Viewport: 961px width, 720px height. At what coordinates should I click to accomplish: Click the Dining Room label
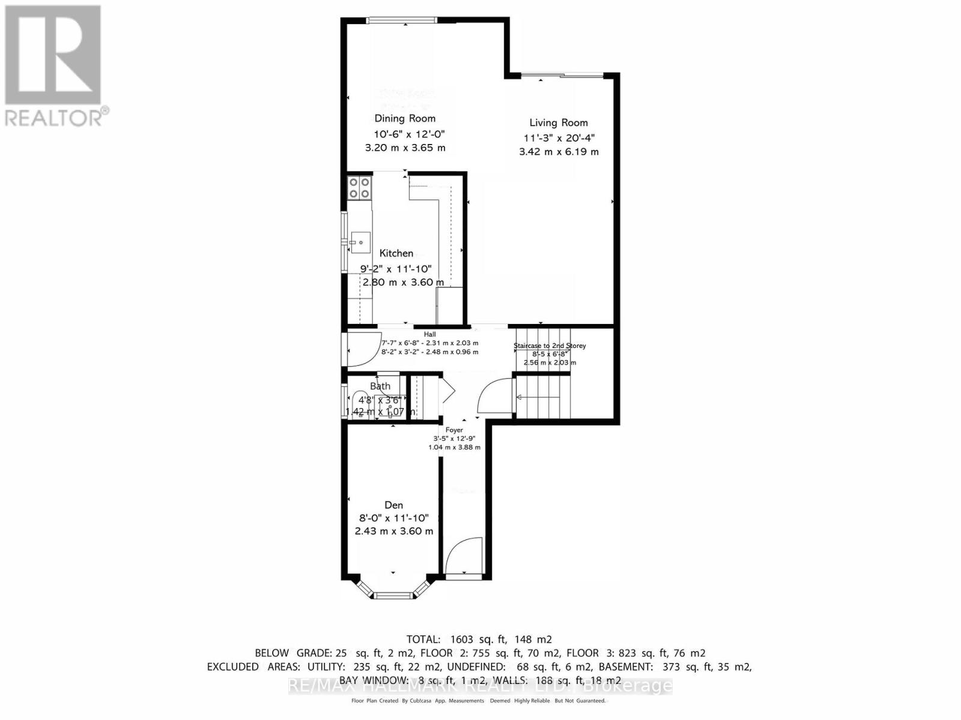pyautogui.click(x=405, y=119)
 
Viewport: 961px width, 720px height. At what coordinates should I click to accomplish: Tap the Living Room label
pyautogui.click(x=559, y=123)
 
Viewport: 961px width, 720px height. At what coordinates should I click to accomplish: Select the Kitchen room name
pyautogui.click(x=396, y=253)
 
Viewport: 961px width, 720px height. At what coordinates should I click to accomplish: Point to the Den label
pyautogui.click(x=394, y=505)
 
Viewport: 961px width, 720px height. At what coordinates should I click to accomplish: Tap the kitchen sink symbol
pyautogui.click(x=360, y=242)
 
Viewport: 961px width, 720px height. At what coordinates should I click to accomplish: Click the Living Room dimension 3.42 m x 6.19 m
pyautogui.click(x=559, y=152)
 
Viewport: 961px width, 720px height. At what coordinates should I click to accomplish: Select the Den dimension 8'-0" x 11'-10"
pyautogui.click(x=394, y=518)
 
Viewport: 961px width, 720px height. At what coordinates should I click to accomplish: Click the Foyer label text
pyautogui.click(x=454, y=430)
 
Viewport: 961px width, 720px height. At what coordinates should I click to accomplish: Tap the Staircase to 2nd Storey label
pyautogui.click(x=550, y=346)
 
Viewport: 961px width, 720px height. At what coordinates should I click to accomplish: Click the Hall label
pyautogui.click(x=429, y=334)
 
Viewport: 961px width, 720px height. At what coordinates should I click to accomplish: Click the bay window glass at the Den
pyautogui.click(x=393, y=595)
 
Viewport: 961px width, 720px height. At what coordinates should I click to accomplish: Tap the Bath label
pyautogui.click(x=380, y=386)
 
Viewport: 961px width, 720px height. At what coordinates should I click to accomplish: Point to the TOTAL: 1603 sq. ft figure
pyautogui.click(x=479, y=640)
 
